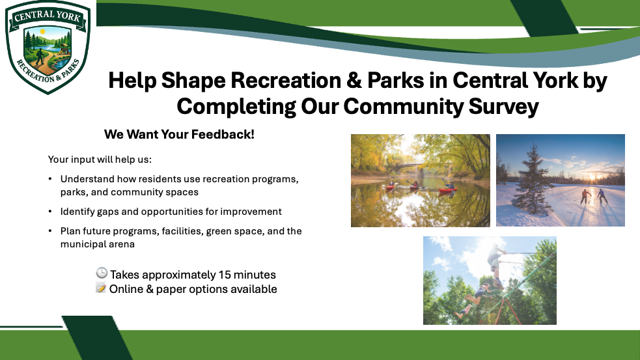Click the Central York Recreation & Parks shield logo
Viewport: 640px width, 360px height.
48,48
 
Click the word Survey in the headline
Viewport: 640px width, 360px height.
504,107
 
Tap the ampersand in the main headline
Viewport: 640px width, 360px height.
354,81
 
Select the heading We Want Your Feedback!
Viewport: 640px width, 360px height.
179,134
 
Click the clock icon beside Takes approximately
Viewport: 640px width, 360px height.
102,273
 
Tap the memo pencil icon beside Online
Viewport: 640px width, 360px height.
101,287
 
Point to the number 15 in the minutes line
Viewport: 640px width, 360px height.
224,274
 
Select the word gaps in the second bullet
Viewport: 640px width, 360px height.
108,212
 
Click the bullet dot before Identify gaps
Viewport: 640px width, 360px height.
49,212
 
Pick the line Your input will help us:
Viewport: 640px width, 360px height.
100,159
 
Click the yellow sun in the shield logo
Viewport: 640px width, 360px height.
42,32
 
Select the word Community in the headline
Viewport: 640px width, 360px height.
403,107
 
